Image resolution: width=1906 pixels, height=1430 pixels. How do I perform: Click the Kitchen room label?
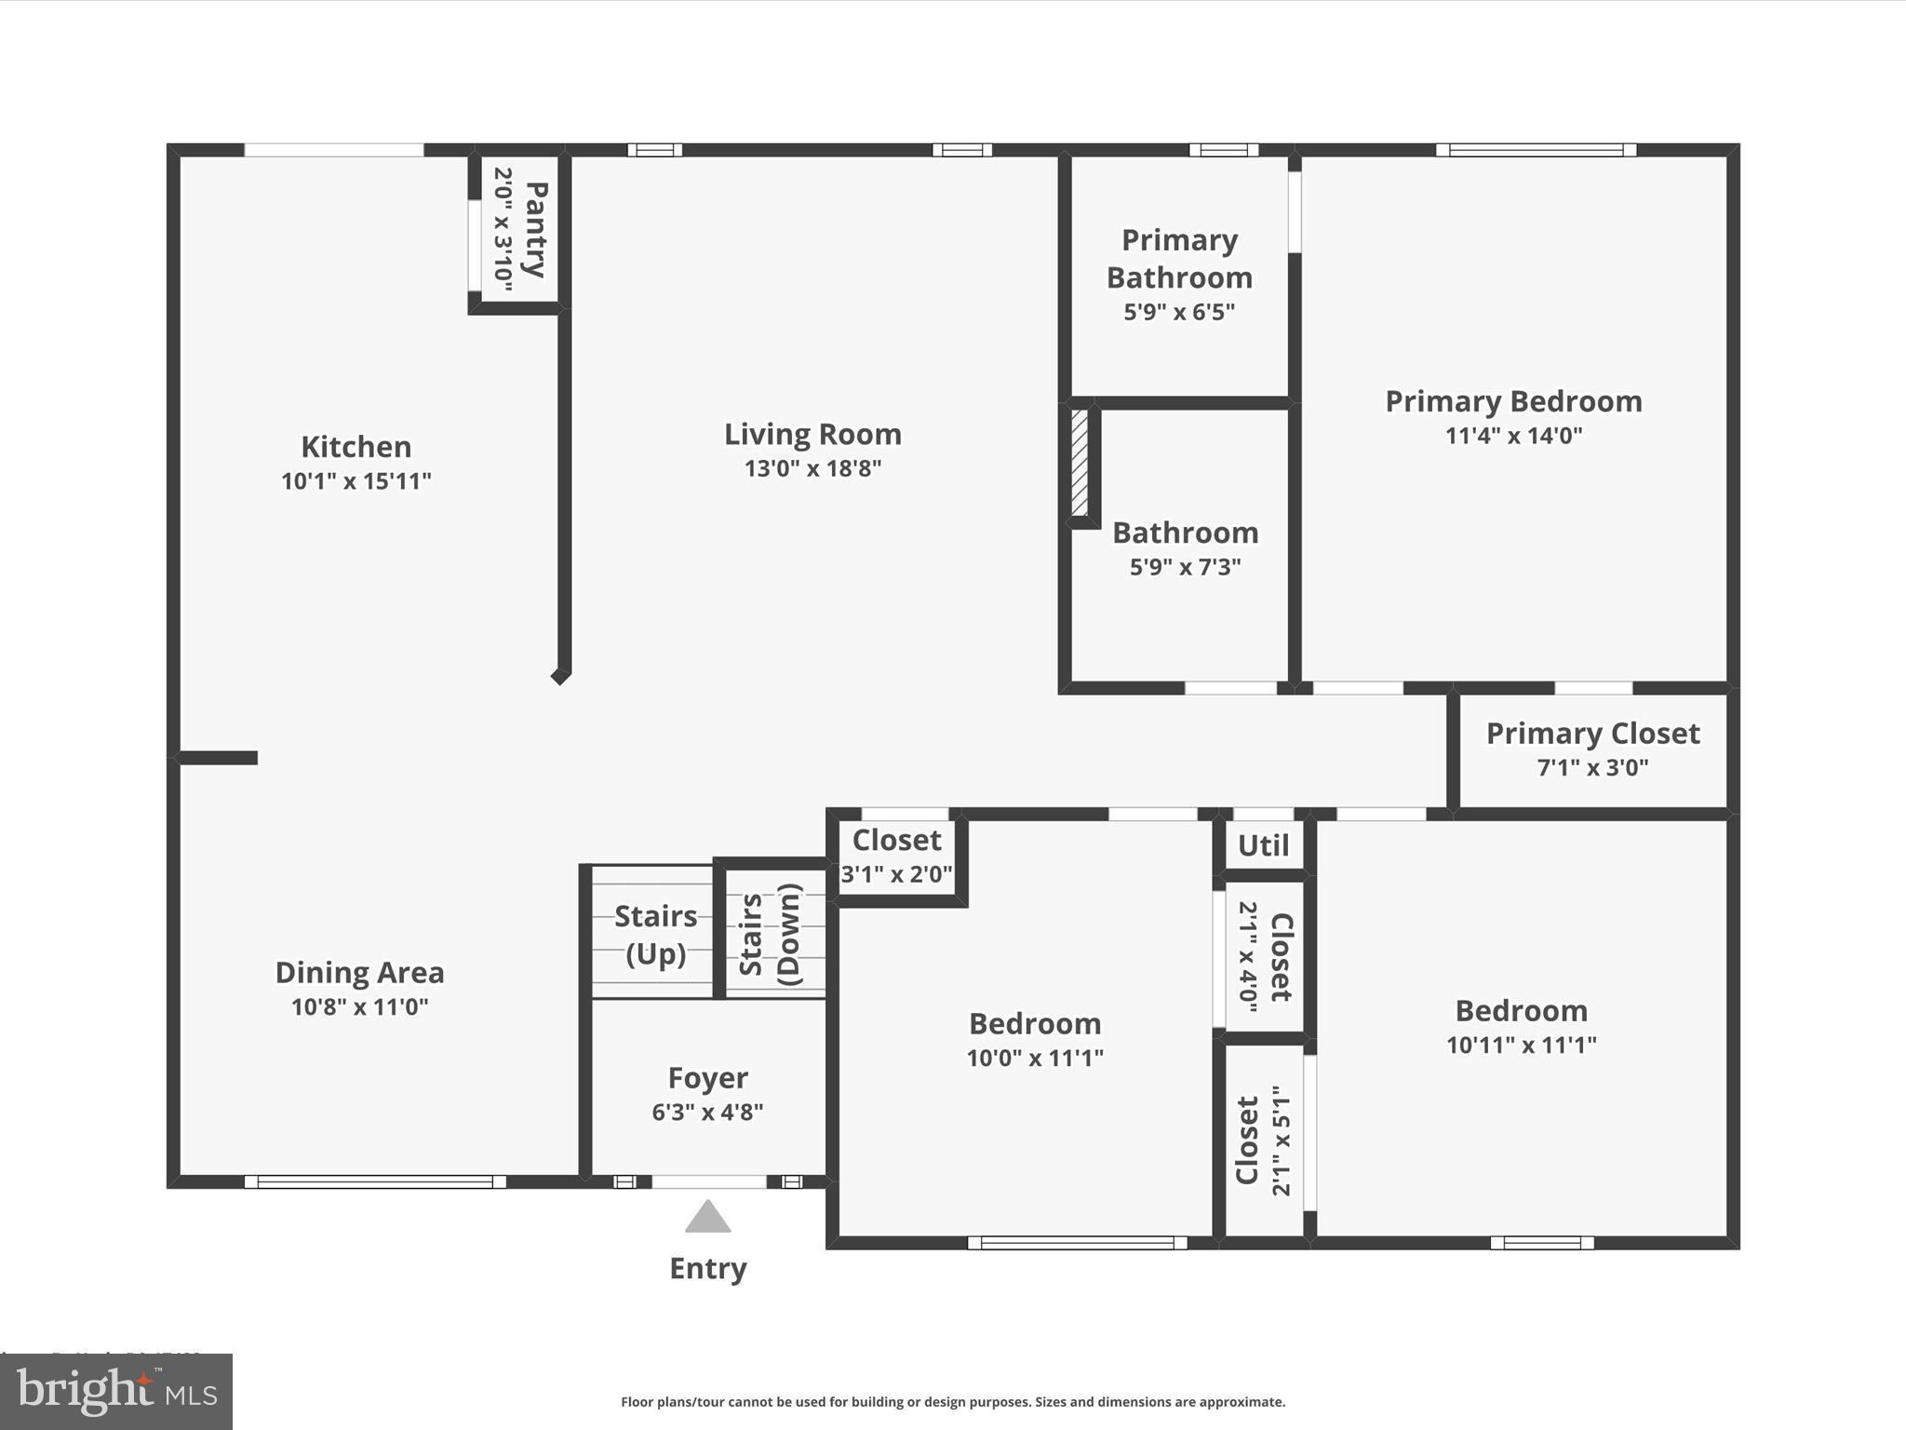pyautogui.click(x=356, y=447)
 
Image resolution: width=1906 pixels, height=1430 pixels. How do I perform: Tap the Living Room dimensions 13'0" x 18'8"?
pyautogui.click(x=812, y=467)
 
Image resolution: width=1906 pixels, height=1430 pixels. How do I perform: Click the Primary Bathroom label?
pyautogui.click(x=1179, y=259)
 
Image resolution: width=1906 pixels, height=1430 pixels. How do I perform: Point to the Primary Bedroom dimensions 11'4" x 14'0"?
pyautogui.click(x=1513, y=435)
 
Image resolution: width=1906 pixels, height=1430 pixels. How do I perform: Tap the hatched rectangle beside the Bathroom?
pyautogui.click(x=1080, y=463)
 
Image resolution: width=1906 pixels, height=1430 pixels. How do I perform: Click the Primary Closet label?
pyautogui.click(x=1592, y=734)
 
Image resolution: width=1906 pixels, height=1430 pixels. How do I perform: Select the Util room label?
pyautogui.click(x=1263, y=845)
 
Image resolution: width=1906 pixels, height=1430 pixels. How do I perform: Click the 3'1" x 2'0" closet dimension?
pyautogui.click(x=896, y=874)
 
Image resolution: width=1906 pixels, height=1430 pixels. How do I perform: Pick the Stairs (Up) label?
pyautogui.click(x=655, y=935)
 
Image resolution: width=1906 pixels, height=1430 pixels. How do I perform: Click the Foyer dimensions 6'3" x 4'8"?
pyautogui.click(x=707, y=1112)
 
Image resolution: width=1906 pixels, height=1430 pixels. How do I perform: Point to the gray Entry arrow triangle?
pyautogui.click(x=707, y=1218)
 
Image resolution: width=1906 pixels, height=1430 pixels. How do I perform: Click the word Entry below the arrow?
pyautogui.click(x=707, y=1268)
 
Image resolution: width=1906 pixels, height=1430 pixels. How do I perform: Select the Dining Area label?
pyautogui.click(x=359, y=973)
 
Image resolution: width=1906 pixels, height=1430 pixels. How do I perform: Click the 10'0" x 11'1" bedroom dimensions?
pyautogui.click(x=1035, y=1058)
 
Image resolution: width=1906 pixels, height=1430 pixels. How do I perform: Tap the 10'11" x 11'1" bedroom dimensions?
pyautogui.click(x=1521, y=1045)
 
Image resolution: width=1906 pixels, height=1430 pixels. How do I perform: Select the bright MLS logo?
pyautogui.click(x=116, y=1392)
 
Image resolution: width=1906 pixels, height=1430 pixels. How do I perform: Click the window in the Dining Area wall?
pyautogui.click(x=375, y=1181)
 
